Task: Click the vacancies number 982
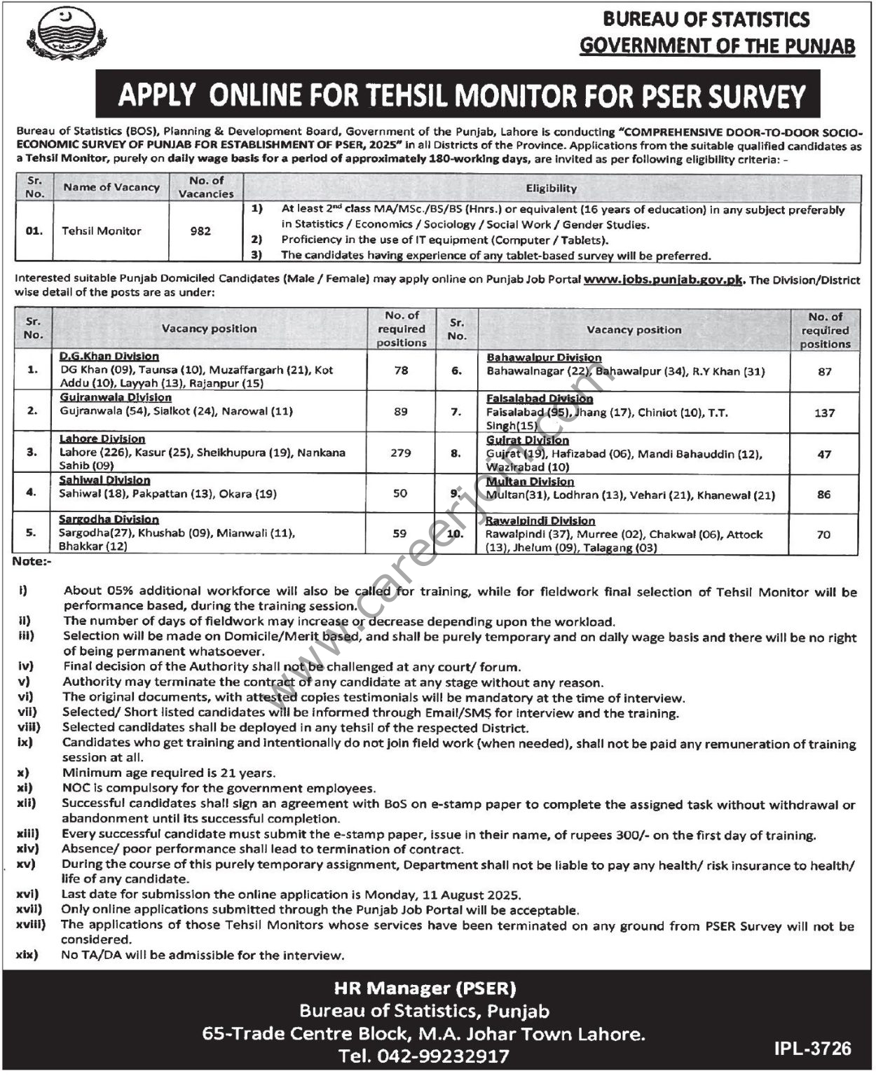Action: [200, 230]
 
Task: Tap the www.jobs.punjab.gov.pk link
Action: [662, 280]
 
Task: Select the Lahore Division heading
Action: [102, 439]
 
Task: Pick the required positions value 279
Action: [401, 453]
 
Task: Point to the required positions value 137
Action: [824, 413]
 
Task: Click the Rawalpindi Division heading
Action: [540, 520]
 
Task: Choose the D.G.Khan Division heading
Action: [109, 357]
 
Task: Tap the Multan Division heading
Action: [531, 481]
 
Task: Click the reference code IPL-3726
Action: [813, 1048]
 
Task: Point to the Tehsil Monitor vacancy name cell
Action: [102, 230]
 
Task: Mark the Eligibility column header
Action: [552, 188]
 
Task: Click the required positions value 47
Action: [824, 454]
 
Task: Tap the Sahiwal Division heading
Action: [104, 480]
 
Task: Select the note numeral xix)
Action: [28, 955]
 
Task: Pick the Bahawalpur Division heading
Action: [544, 357]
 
